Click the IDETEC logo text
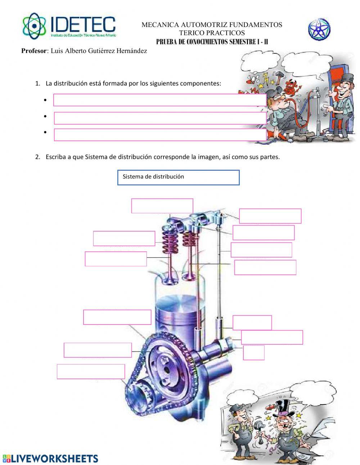pyautogui.click(x=83, y=24)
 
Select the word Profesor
pyautogui.click(x=34, y=51)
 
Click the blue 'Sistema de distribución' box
pyautogui.click(x=178, y=178)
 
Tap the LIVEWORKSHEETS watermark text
pyautogui.click(x=54, y=458)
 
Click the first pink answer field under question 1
pyautogui.click(x=159, y=100)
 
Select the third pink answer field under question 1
pyautogui.click(x=159, y=135)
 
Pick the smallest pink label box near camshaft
pyautogui.click(x=253, y=353)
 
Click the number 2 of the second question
pyautogui.click(x=37, y=157)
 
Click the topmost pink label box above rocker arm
pyautogui.click(x=162, y=206)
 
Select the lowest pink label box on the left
pyautogui.click(x=91, y=371)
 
